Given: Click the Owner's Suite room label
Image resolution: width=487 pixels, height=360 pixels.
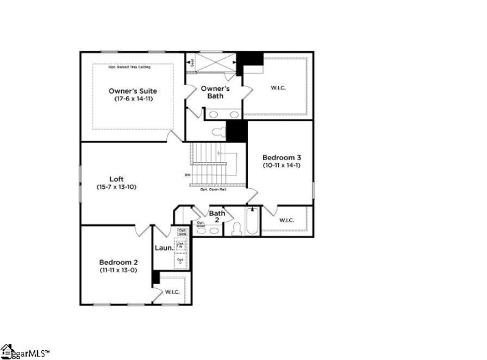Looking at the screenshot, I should point(131,90).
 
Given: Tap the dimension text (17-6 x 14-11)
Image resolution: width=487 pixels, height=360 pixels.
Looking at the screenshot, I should point(132,98).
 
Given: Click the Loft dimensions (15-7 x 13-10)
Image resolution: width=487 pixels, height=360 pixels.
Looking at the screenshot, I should point(116,187).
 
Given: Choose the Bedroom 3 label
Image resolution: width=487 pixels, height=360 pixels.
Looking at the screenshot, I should point(282,157).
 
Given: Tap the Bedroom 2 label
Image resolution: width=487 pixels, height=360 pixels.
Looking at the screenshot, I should point(118,261).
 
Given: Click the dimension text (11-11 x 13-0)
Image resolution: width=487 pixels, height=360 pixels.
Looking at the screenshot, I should point(118,269).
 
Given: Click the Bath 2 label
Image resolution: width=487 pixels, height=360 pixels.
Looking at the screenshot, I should point(217,217).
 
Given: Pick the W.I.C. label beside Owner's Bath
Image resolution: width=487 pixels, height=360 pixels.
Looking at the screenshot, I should point(278,88).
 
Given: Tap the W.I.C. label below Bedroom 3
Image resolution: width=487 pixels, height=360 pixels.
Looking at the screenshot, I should point(287,220).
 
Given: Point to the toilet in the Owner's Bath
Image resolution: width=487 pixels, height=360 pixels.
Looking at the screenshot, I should point(217,132).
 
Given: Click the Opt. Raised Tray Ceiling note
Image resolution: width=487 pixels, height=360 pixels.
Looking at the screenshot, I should point(130,66).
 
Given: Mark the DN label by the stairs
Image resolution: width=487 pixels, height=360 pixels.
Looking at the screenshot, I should point(187,175).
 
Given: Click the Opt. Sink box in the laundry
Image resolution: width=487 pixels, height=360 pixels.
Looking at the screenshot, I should point(182,231).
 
